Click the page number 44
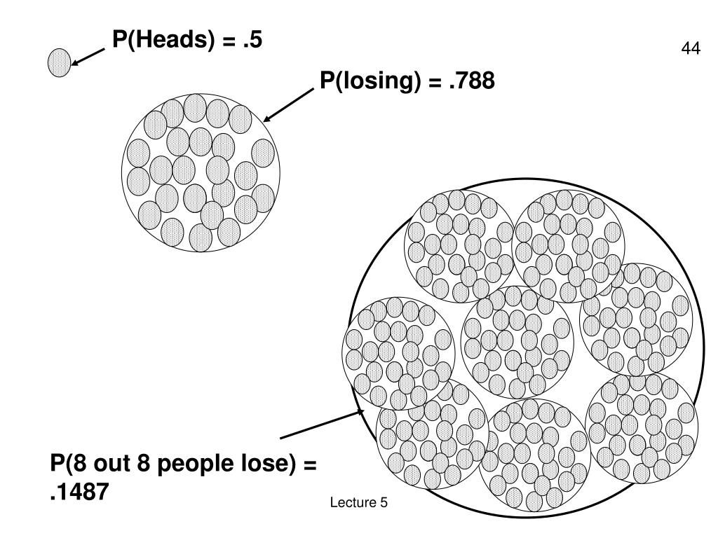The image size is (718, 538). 690,49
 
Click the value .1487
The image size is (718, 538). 79,492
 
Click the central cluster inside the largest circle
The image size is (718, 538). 517,341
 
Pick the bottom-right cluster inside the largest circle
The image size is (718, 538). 641,427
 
